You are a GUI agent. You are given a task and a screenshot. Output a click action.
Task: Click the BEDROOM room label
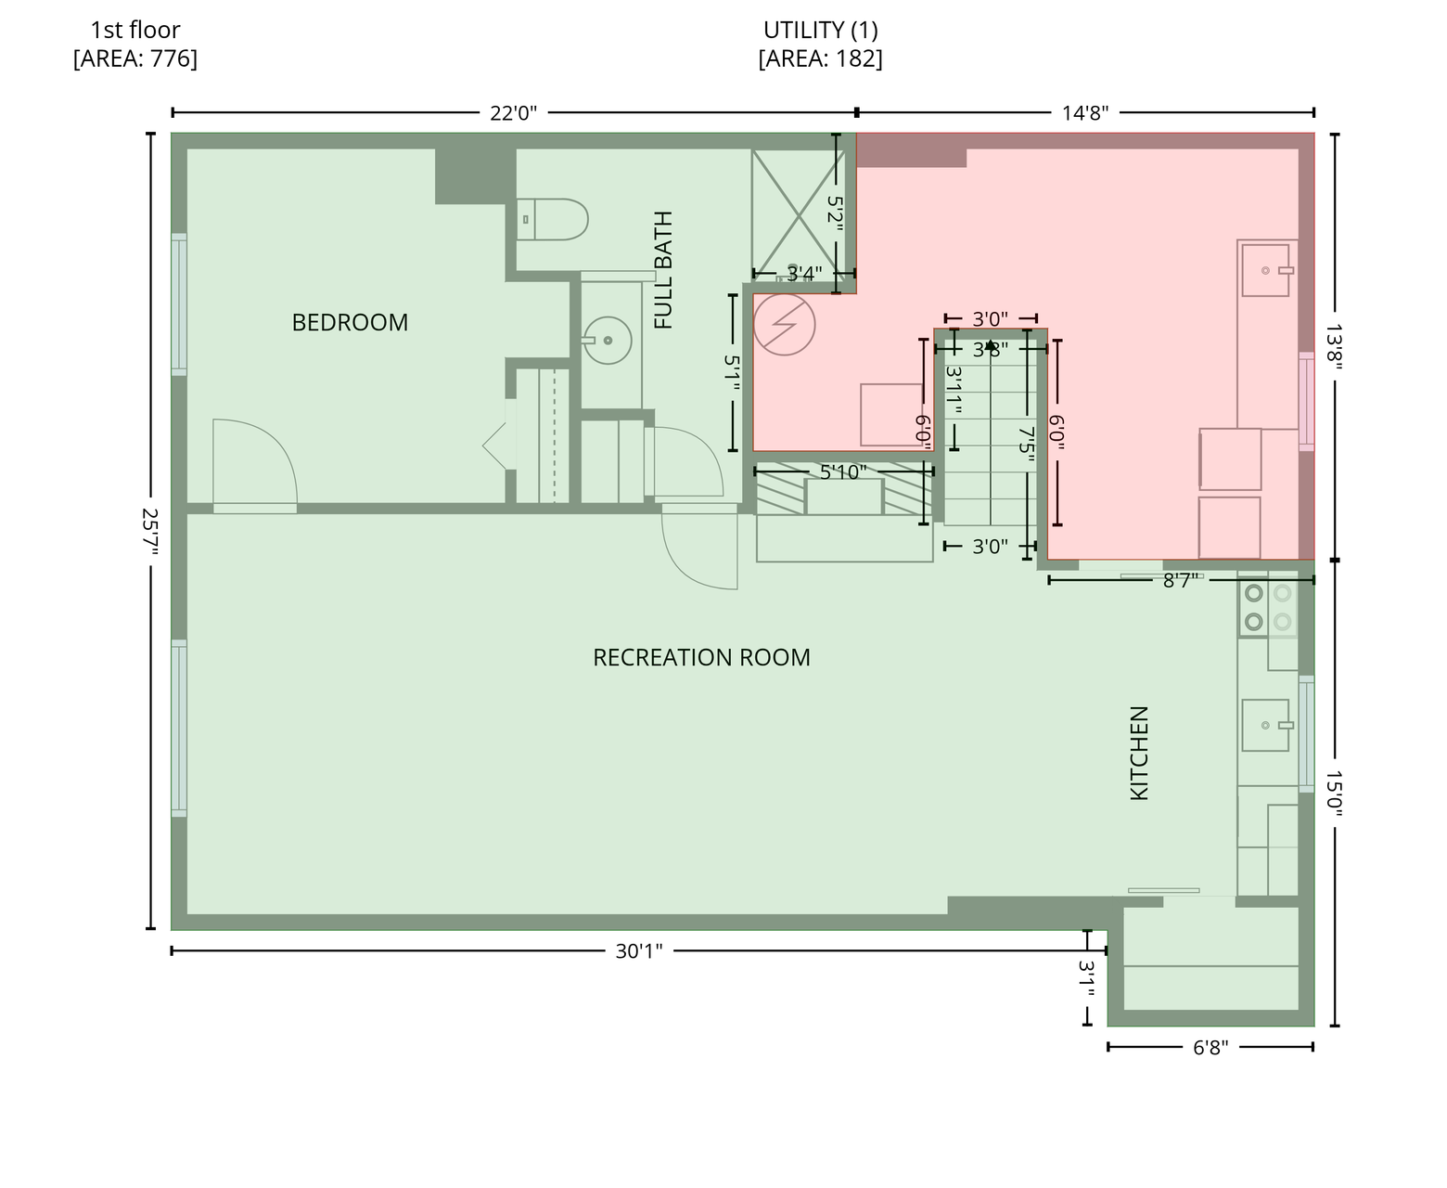click(350, 322)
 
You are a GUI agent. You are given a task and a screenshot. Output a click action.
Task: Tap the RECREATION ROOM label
click(701, 657)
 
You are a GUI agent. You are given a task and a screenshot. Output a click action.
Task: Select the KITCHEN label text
click(1139, 753)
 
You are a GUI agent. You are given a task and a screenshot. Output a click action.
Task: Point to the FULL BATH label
click(663, 270)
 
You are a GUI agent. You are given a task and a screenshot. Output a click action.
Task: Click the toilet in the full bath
click(552, 219)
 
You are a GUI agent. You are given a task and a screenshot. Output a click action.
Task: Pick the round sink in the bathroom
click(608, 340)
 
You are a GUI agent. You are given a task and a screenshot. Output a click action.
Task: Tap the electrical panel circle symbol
click(784, 324)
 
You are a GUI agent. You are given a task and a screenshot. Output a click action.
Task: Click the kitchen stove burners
click(1268, 607)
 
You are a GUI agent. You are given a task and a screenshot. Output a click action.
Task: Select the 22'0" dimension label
click(513, 112)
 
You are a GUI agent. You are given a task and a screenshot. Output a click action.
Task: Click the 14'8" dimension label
click(1085, 112)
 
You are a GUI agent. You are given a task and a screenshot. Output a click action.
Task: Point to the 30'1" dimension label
click(639, 951)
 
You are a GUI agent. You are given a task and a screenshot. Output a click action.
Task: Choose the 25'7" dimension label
click(150, 532)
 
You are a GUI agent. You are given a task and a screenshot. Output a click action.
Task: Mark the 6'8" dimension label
click(1210, 1047)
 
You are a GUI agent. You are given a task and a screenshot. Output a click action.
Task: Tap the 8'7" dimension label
click(1180, 581)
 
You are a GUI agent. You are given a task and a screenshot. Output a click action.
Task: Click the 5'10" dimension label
click(843, 471)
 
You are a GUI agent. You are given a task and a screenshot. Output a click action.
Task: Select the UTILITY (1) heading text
click(821, 30)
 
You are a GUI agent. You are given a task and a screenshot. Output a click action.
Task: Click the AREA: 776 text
click(135, 58)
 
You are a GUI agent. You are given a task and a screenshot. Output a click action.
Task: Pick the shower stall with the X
click(799, 216)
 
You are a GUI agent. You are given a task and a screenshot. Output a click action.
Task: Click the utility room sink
click(1266, 271)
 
